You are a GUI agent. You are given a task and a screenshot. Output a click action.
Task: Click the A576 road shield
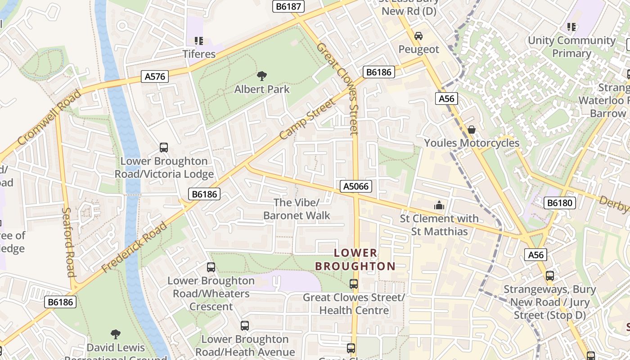[x=155, y=76]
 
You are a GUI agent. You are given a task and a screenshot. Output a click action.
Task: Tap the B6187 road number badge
[x=289, y=6]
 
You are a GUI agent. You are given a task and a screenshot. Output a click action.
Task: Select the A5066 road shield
[x=356, y=186]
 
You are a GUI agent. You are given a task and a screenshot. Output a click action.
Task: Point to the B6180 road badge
[x=560, y=203]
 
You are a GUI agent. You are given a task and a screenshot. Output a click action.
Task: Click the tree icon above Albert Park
[x=261, y=76]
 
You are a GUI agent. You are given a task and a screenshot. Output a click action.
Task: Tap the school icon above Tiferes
[x=199, y=41]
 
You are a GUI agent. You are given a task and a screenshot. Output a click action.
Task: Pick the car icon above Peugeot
[x=418, y=36]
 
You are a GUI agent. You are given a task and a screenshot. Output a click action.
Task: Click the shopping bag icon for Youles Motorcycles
[x=472, y=130]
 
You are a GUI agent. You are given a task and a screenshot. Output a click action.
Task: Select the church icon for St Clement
[x=439, y=206]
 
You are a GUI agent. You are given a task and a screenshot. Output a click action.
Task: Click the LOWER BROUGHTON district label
[x=355, y=260]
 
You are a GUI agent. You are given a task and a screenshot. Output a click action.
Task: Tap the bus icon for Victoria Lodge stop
[x=164, y=148]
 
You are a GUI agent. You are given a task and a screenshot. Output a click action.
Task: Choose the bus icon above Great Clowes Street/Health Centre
[x=354, y=284]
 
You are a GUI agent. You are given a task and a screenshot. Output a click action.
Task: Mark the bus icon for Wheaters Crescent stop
[x=211, y=267]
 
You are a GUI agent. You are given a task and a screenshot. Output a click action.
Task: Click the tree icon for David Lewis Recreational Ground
[x=116, y=334]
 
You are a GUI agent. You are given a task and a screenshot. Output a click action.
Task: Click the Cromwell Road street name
[x=49, y=117]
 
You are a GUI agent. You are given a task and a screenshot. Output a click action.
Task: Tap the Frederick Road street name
[x=134, y=247]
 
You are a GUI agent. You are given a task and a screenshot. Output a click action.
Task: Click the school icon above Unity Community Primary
[x=571, y=27]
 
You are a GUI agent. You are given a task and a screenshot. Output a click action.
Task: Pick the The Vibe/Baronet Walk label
[x=297, y=209]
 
